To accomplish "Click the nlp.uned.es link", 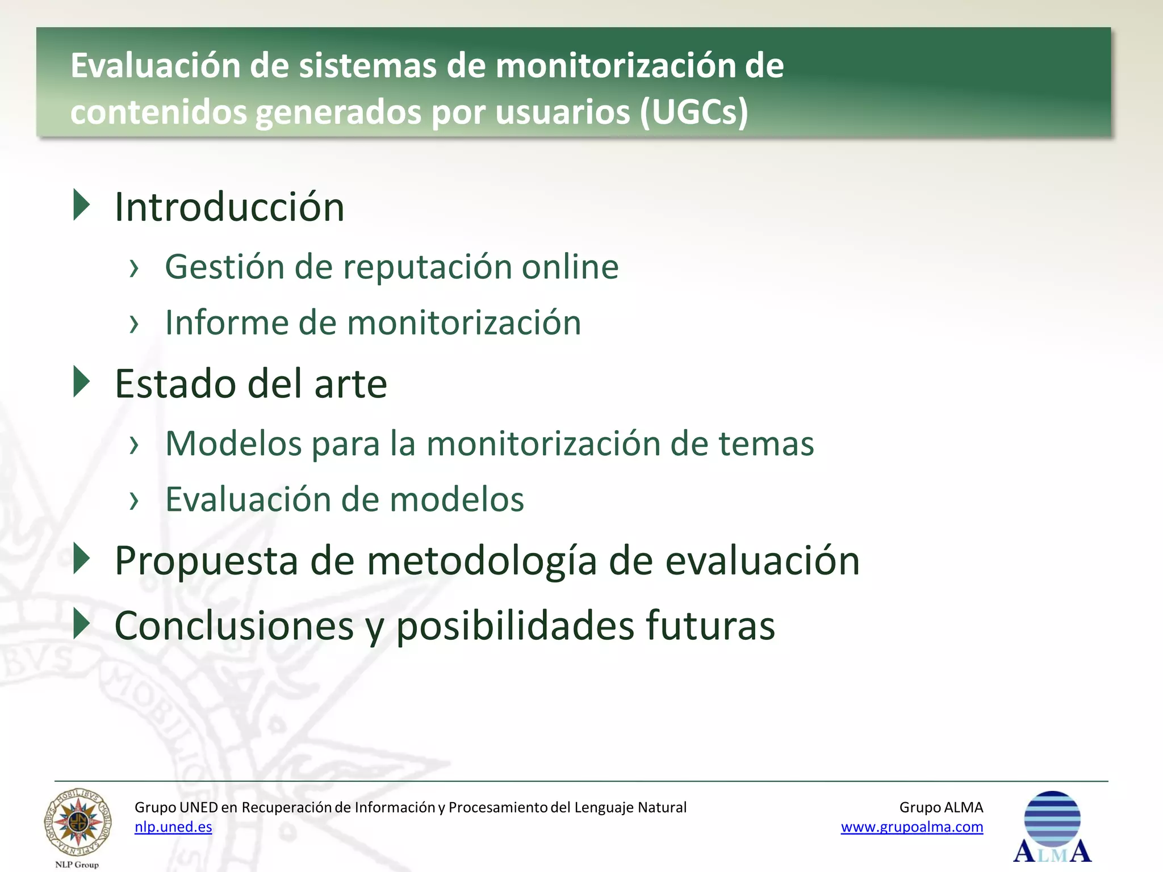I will (x=173, y=827).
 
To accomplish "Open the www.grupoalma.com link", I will (x=911, y=827).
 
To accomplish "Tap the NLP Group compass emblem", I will (x=78, y=823).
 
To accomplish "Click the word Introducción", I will (x=229, y=207).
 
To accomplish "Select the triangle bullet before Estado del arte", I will (x=82, y=382).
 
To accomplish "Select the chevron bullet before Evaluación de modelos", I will (x=134, y=501).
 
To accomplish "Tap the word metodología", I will (x=482, y=561).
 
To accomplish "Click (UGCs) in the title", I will (x=694, y=112).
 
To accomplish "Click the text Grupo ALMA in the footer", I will (x=941, y=807).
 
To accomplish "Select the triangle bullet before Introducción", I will (x=82, y=205).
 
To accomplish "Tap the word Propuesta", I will (x=206, y=561).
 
